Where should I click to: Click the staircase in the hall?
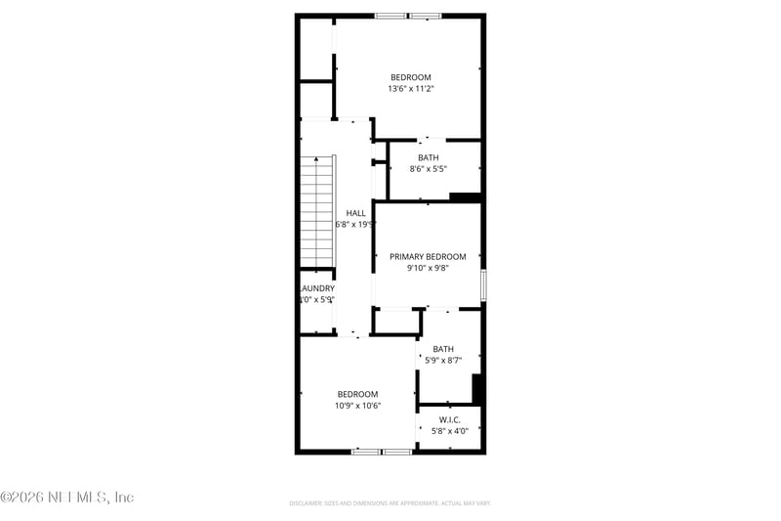(317, 210)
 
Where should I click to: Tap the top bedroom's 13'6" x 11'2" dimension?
(410, 89)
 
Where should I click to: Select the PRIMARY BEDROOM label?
(428, 257)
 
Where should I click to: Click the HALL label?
(356, 212)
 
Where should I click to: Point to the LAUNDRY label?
(317, 288)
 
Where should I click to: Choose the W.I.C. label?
(449, 419)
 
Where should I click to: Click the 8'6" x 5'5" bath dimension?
(429, 169)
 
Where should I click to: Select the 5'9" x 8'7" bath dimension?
(443, 360)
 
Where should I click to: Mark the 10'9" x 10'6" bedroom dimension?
(357, 406)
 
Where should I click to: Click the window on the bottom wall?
(382, 452)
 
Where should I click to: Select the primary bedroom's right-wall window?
(482, 285)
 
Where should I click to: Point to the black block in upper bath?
(465, 197)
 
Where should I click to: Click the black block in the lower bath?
(477, 388)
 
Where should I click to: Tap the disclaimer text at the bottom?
(390, 502)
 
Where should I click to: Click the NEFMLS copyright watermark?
(66, 498)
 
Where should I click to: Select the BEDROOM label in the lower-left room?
(357, 394)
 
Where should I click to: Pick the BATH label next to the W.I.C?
(443, 349)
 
